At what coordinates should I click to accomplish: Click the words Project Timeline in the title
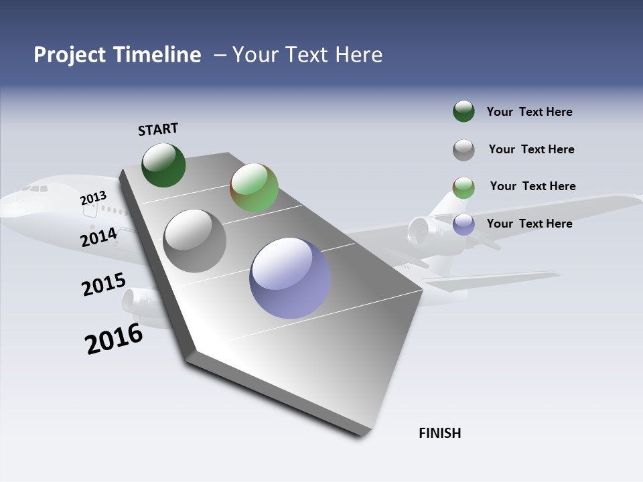click(117, 55)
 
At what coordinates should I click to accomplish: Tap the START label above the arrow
click(158, 129)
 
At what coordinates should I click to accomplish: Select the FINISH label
click(439, 433)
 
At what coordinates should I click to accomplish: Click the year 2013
click(93, 198)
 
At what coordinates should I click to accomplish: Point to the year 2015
click(103, 284)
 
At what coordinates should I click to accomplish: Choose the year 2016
click(113, 339)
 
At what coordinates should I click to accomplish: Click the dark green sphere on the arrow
click(163, 165)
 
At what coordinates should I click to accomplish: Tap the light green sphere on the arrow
click(254, 187)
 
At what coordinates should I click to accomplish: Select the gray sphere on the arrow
click(195, 241)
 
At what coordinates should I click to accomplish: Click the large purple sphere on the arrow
click(290, 278)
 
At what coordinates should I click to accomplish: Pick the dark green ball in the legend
click(463, 111)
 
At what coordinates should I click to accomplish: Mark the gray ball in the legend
click(463, 150)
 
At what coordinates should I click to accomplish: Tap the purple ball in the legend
click(463, 224)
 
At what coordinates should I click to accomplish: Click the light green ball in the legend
click(463, 187)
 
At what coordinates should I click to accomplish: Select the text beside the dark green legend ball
click(529, 112)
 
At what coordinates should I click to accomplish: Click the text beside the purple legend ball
click(529, 224)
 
